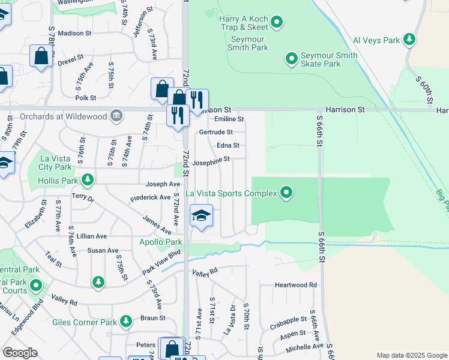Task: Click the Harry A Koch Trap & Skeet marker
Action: tap(277, 23)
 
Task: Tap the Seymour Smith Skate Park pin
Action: tap(291, 59)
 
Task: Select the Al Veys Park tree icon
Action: tap(409, 40)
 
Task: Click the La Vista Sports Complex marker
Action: tap(287, 193)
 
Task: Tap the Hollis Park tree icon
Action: tap(88, 179)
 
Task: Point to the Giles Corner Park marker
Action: tap(126, 322)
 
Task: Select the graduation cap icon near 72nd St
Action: tap(201, 216)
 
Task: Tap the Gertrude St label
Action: tap(215, 132)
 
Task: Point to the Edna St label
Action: tap(228, 145)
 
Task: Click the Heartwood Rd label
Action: tap(295, 285)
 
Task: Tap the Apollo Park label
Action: tap(161, 242)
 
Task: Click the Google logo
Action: tap(20, 353)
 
